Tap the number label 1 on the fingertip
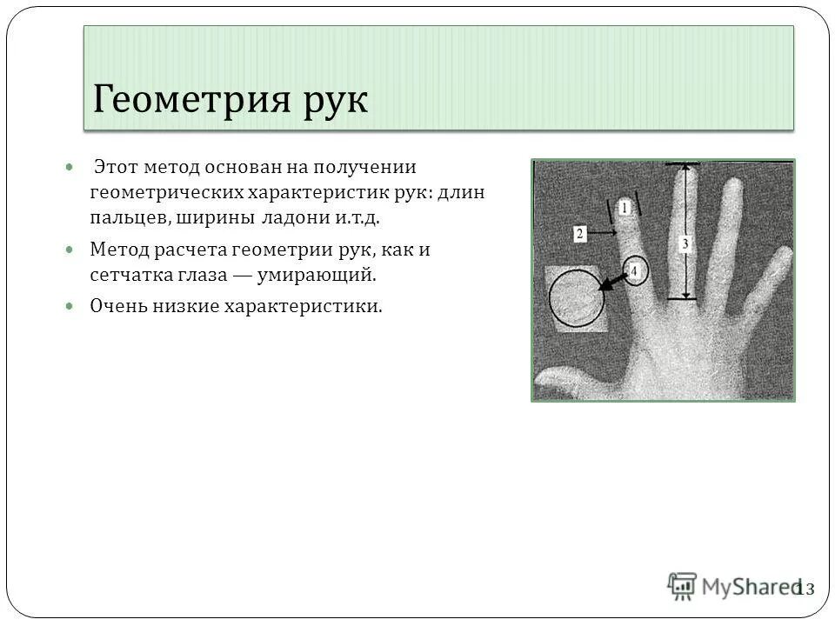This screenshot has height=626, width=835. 623,208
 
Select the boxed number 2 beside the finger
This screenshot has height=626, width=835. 580,233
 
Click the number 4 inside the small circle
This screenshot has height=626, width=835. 635,272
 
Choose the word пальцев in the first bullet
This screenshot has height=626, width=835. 129,216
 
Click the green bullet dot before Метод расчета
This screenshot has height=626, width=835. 70,250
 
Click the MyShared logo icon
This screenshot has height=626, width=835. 683,587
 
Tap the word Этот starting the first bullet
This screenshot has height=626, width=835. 116,166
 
